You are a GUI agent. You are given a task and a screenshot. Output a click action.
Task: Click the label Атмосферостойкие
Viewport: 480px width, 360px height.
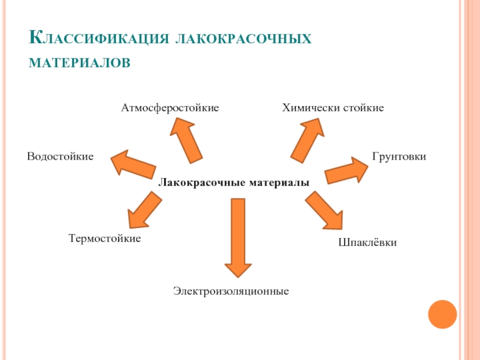[170, 108]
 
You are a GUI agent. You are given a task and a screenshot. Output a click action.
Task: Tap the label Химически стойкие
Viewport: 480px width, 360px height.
[333, 108]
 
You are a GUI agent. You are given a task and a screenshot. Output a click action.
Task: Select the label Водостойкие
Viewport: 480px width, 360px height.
[60, 157]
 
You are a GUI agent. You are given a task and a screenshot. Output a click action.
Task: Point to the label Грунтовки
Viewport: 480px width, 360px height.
[399, 157]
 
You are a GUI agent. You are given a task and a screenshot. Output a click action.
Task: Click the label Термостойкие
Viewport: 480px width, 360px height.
[104, 239]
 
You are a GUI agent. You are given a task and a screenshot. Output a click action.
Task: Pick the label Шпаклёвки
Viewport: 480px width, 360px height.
[368, 243]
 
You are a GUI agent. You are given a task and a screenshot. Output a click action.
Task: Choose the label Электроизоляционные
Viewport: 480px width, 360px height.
[232, 291]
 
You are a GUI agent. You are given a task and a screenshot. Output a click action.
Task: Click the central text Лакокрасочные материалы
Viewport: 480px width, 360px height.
[233, 182]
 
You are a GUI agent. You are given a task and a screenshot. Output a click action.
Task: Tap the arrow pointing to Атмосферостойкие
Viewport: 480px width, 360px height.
[185, 139]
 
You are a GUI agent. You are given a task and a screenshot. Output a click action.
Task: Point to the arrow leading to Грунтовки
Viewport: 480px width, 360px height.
[347, 171]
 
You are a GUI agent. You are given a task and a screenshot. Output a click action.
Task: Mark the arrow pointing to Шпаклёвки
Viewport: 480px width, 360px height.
[323, 210]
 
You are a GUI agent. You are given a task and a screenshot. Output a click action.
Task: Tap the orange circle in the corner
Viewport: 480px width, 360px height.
[443, 314]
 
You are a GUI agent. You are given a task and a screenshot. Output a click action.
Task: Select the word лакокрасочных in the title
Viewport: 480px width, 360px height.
[242, 39]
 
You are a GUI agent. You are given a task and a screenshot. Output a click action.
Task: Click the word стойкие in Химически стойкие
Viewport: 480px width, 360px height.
[364, 108]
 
